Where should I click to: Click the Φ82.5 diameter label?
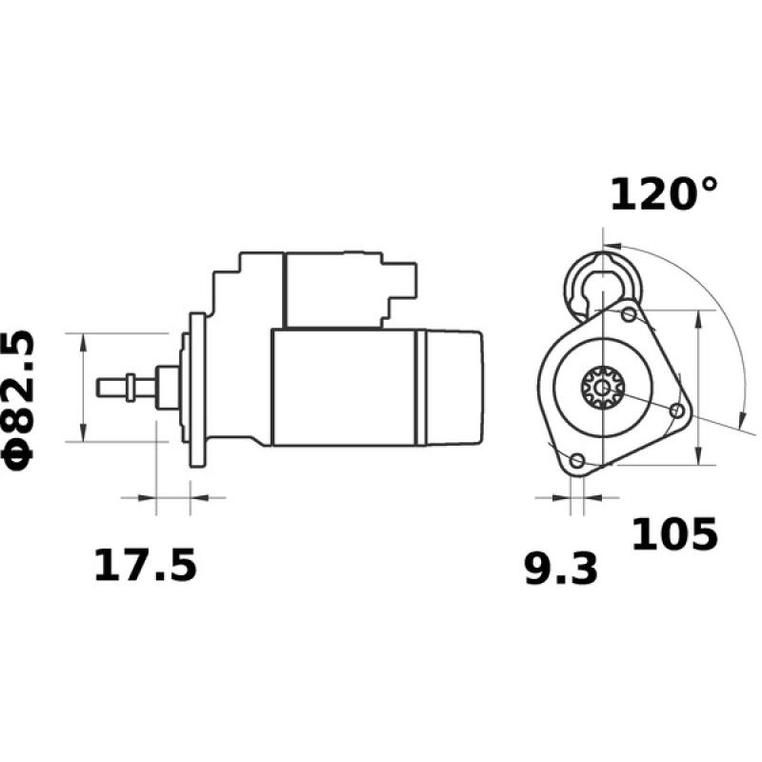tap(21, 398)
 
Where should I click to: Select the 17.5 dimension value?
tap(145, 566)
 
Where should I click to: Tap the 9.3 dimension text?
tap(561, 569)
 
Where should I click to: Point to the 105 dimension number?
tap(675, 535)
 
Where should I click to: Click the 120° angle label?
tap(664, 194)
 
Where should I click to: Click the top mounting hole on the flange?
tap(629, 314)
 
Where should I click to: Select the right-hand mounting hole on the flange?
tap(677, 411)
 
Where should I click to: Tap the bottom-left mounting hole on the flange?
tap(576, 461)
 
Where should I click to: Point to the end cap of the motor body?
tap(452, 388)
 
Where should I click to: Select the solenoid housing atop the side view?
tap(333, 290)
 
